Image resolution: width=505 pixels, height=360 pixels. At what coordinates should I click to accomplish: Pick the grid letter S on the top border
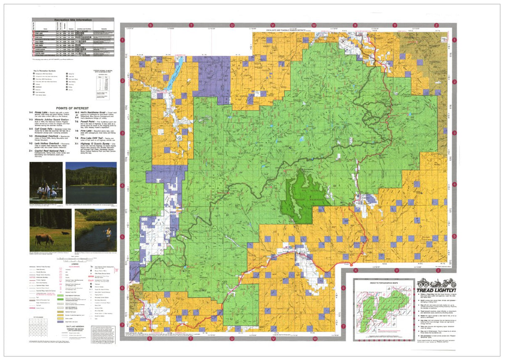(150, 26)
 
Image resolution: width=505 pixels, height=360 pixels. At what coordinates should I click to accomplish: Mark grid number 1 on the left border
(122, 40)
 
